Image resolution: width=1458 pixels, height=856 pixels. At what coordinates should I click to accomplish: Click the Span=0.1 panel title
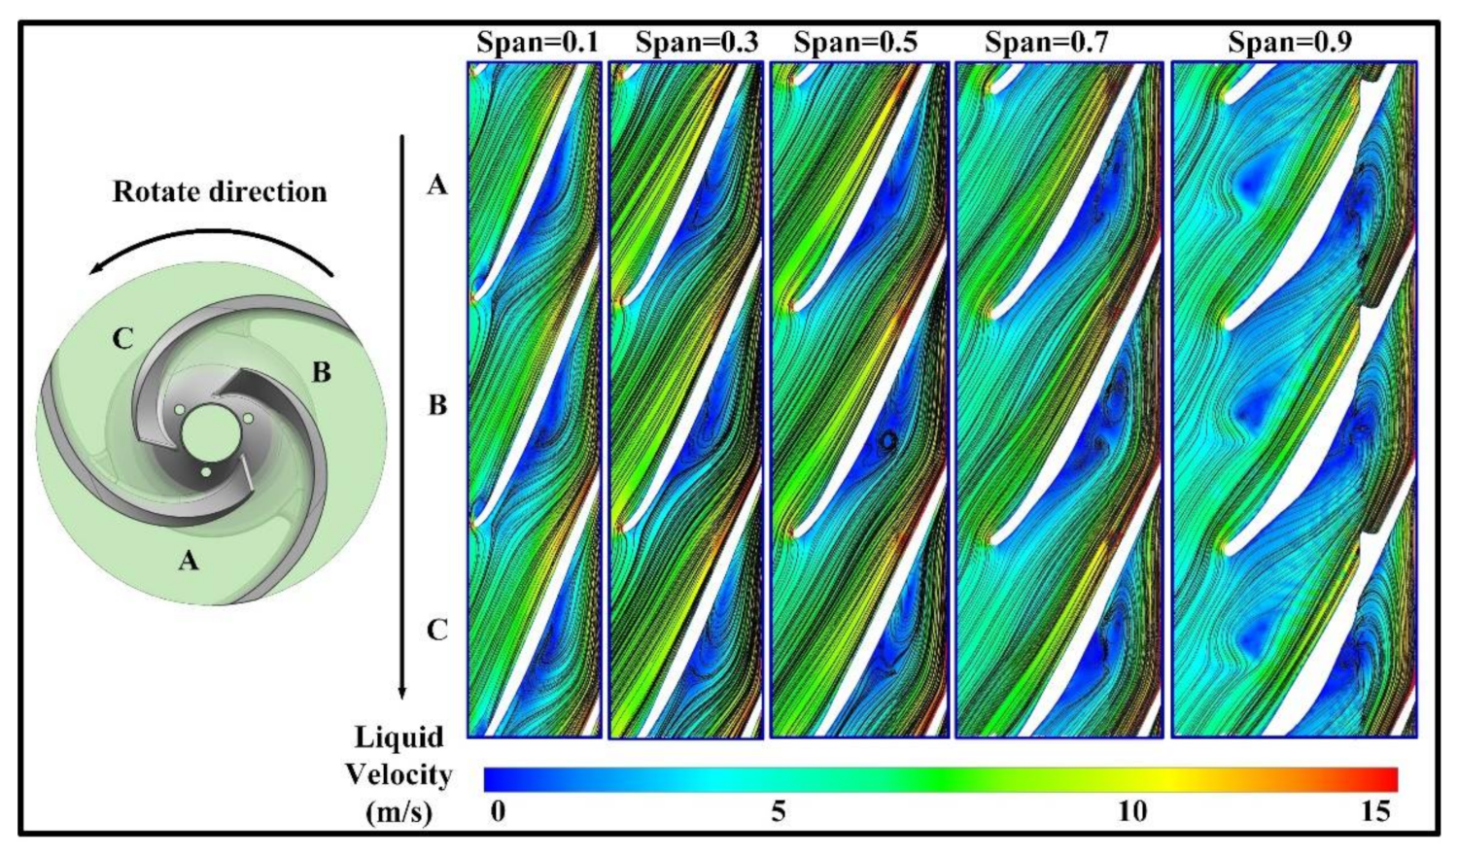pos(537,43)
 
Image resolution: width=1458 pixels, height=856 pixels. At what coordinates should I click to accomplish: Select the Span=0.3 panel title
pos(696,43)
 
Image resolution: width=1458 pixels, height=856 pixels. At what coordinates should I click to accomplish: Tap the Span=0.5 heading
pos(854,43)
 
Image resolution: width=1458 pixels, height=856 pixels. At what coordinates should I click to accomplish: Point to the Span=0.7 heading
pos(1046,43)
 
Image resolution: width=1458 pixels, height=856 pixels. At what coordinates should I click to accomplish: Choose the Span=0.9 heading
pos(1289,43)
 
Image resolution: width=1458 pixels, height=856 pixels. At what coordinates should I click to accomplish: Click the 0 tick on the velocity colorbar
pos(498,810)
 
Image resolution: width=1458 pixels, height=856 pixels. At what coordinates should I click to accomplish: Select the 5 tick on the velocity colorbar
pos(778,810)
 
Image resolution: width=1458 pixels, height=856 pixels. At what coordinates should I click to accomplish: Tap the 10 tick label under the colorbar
pos(1131,810)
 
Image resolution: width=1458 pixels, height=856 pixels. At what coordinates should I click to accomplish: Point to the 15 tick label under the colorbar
pos(1375,810)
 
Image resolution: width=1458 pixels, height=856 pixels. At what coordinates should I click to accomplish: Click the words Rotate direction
pos(220,191)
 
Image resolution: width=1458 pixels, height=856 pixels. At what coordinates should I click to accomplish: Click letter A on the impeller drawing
pos(189,560)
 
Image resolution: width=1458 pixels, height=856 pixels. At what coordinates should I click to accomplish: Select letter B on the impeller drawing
pos(321,371)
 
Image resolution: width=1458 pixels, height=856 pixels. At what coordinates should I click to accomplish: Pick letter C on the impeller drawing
pos(122,338)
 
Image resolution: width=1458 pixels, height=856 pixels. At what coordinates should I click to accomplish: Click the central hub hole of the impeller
pos(211,430)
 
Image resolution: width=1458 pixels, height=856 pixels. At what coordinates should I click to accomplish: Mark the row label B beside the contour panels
pos(437,404)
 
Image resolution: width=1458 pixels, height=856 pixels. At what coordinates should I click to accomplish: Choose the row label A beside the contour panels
pos(437,184)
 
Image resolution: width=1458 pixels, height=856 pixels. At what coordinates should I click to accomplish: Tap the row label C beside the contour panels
pos(437,630)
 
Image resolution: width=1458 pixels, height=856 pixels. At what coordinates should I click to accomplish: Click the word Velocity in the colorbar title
pos(399,774)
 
